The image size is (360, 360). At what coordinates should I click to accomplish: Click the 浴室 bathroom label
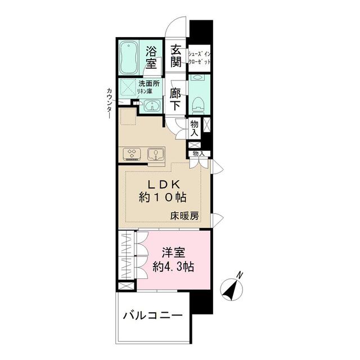pyautogui.click(x=151, y=56)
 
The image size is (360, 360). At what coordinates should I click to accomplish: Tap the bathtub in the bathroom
pyautogui.click(x=131, y=56)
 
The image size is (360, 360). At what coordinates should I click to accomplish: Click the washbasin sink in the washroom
pyautogui.click(x=150, y=106)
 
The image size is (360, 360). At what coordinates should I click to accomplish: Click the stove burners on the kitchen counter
pyautogui.click(x=132, y=153)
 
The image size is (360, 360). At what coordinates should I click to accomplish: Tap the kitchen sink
pyautogui.click(x=155, y=153)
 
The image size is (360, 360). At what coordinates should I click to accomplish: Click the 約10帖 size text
pyautogui.click(x=163, y=198)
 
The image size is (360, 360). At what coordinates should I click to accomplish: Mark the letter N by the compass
pyautogui.click(x=240, y=275)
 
